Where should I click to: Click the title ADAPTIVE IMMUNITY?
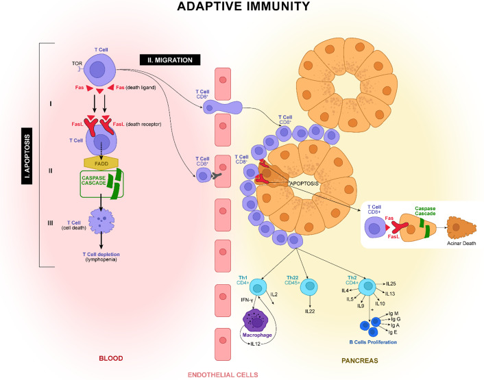click(243, 6)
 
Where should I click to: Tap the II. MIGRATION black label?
click(170, 60)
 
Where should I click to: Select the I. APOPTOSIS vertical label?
click(27, 155)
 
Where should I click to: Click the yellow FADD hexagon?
click(101, 164)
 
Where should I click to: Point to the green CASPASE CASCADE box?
click(101, 183)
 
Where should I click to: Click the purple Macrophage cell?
click(257, 321)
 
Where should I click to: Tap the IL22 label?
click(310, 312)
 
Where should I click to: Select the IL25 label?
click(391, 283)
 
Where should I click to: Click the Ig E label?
click(393, 332)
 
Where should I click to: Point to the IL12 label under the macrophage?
click(255, 344)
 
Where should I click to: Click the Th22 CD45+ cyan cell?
click(309, 288)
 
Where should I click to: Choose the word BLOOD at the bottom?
click(111, 358)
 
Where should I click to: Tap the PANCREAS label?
click(360, 361)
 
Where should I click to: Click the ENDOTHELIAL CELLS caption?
click(223, 375)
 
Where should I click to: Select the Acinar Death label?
click(461, 243)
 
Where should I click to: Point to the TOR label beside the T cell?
click(77, 64)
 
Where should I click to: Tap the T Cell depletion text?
click(101, 254)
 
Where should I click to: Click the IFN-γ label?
click(247, 300)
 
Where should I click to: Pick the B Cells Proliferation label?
click(373, 342)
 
